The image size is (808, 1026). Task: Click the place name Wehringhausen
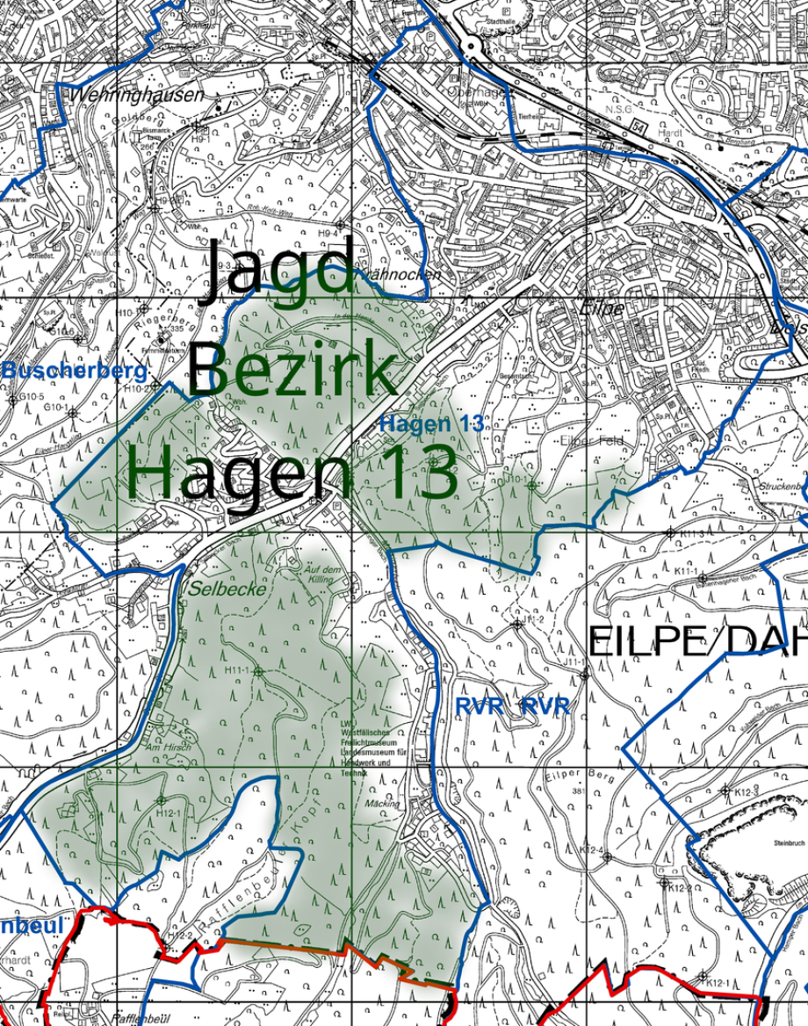(x=139, y=94)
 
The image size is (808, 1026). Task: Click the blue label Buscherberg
(x=75, y=371)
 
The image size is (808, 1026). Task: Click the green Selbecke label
(x=226, y=590)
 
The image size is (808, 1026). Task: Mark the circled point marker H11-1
(x=259, y=671)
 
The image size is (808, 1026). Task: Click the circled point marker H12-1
(x=161, y=800)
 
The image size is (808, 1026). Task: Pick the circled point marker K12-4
(x=607, y=856)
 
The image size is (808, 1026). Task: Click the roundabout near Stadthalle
(x=473, y=45)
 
